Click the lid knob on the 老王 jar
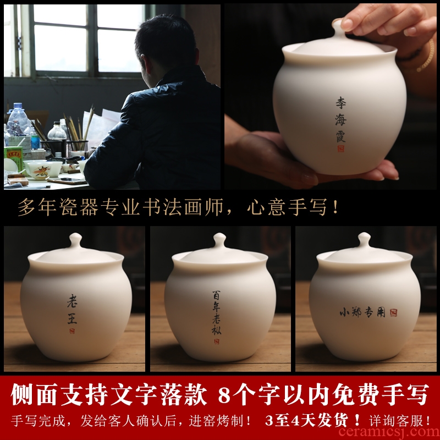coord(75,240)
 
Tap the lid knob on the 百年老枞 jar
coord(219,240)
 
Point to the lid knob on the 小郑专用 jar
coord(364,240)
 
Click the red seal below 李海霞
coord(340,148)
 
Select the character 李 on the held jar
coord(340,103)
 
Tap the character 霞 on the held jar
coord(340,136)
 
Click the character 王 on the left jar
coord(72,319)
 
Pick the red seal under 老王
coord(72,331)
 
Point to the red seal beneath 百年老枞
coord(216,341)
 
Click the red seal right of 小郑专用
coord(393,312)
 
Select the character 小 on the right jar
coord(345,312)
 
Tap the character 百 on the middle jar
coord(216,295)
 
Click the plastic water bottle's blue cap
coord(18,106)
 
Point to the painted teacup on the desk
coord(42,170)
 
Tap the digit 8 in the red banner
coord(224,395)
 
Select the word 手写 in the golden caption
coord(308,207)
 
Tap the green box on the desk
coord(13,158)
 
